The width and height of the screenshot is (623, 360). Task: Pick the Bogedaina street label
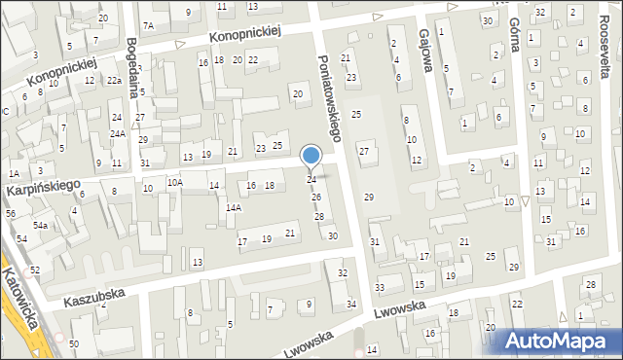coord(132,60)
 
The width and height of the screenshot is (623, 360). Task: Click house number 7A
coord(148,25)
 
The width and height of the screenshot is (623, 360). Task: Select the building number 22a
coord(114,81)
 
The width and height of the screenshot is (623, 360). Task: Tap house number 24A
coord(117,134)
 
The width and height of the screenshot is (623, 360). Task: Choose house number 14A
coord(234,207)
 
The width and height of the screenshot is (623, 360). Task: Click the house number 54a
coord(40,225)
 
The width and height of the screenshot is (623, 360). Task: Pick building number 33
coord(380,287)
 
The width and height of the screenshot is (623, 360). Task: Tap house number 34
coord(351,305)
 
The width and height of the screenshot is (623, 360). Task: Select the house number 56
coord(11,213)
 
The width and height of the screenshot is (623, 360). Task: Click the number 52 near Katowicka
coord(35,270)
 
